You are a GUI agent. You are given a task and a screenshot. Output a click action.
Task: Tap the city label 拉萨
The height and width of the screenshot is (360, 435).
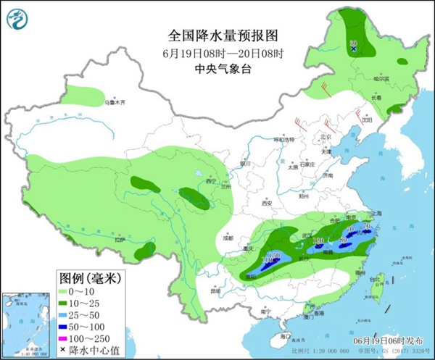107,237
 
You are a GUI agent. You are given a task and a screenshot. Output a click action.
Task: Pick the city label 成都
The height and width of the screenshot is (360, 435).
228,236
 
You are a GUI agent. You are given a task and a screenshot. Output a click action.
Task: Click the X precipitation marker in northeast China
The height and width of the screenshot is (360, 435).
354,49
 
